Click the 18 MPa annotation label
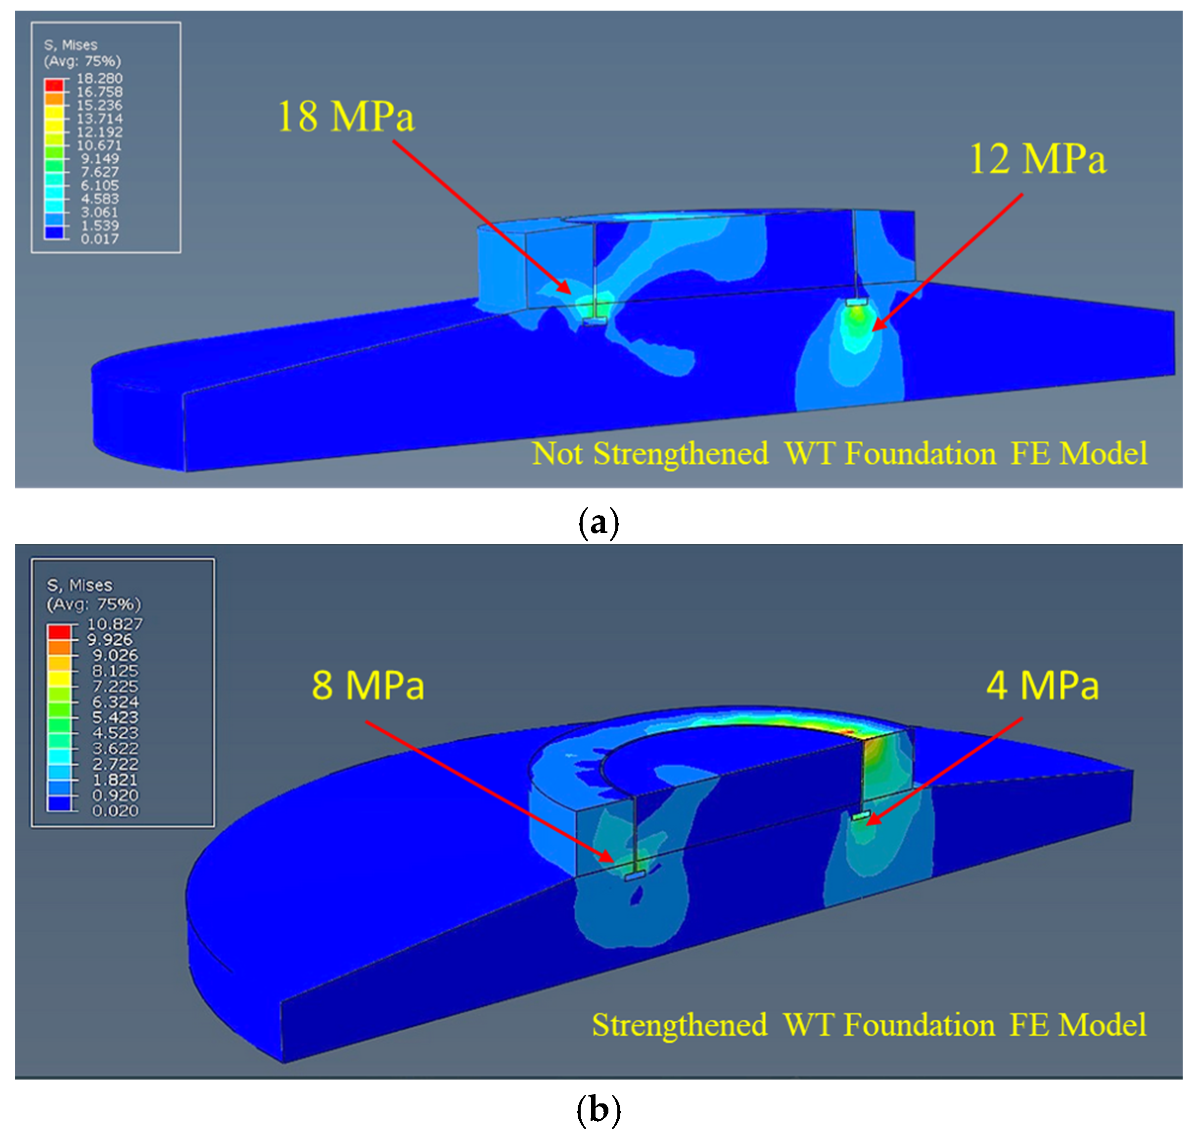pos(345,116)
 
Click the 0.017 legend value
pos(99,239)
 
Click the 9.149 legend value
pos(99,159)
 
